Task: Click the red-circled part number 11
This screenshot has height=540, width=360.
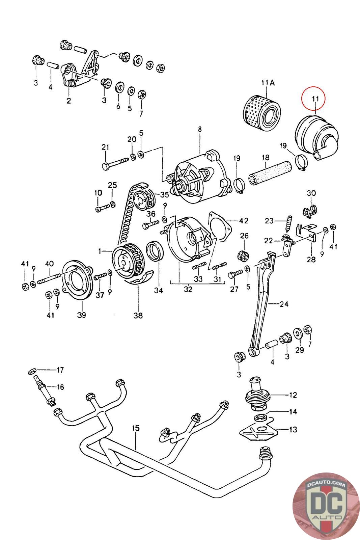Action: click(x=315, y=99)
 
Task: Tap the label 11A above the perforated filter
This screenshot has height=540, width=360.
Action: click(x=268, y=83)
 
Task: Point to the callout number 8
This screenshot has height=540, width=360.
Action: click(x=200, y=130)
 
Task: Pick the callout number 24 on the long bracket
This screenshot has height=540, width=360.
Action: click(x=284, y=304)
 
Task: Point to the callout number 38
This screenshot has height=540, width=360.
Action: click(x=138, y=315)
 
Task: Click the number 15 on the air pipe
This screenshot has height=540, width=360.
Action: click(x=136, y=428)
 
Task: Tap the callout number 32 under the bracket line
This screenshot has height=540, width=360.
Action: click(x=188, y=289)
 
